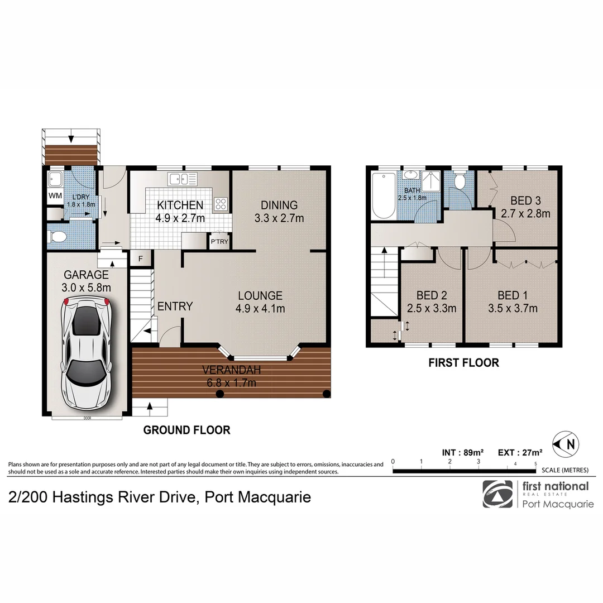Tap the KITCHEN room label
click(x=180, y=205)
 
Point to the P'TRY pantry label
click(x=217, y=242)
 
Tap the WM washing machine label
click(x=55, y=195)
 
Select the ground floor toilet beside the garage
click(x=56, y=237)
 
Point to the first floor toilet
click(x=460, y=183)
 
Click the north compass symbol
click(x=565, y=445)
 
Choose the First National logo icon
click(x=497, y=494)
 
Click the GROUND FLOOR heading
click(x=186, y=430)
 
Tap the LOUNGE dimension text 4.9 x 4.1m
click(x=260, y=308)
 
